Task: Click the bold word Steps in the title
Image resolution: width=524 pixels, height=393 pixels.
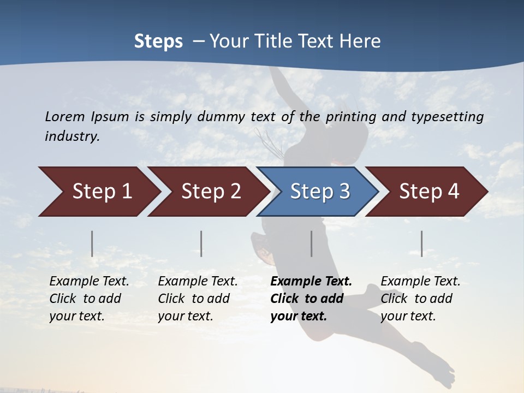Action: point(158,41)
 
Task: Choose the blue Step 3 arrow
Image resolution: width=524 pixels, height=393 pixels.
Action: point(320,192)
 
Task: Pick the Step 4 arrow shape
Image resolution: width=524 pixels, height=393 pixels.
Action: point(429,192)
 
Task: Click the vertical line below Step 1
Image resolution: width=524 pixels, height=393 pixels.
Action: point(92,243)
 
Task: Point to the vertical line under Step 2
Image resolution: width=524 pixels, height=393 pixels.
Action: point(201,243)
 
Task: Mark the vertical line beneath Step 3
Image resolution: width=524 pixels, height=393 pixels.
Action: point(312,243)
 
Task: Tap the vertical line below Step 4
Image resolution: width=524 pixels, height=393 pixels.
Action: point(422,243)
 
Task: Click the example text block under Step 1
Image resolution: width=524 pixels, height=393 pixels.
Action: point(89,299)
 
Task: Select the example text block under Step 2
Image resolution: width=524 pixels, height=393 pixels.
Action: point(198,299)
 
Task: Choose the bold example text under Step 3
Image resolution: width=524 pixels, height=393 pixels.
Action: point(311,299)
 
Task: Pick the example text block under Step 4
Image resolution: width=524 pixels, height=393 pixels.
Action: point(420,299)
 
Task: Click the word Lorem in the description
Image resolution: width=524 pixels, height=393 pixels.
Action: point(65,116)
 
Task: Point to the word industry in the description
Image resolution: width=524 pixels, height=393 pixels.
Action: point(72,136)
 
